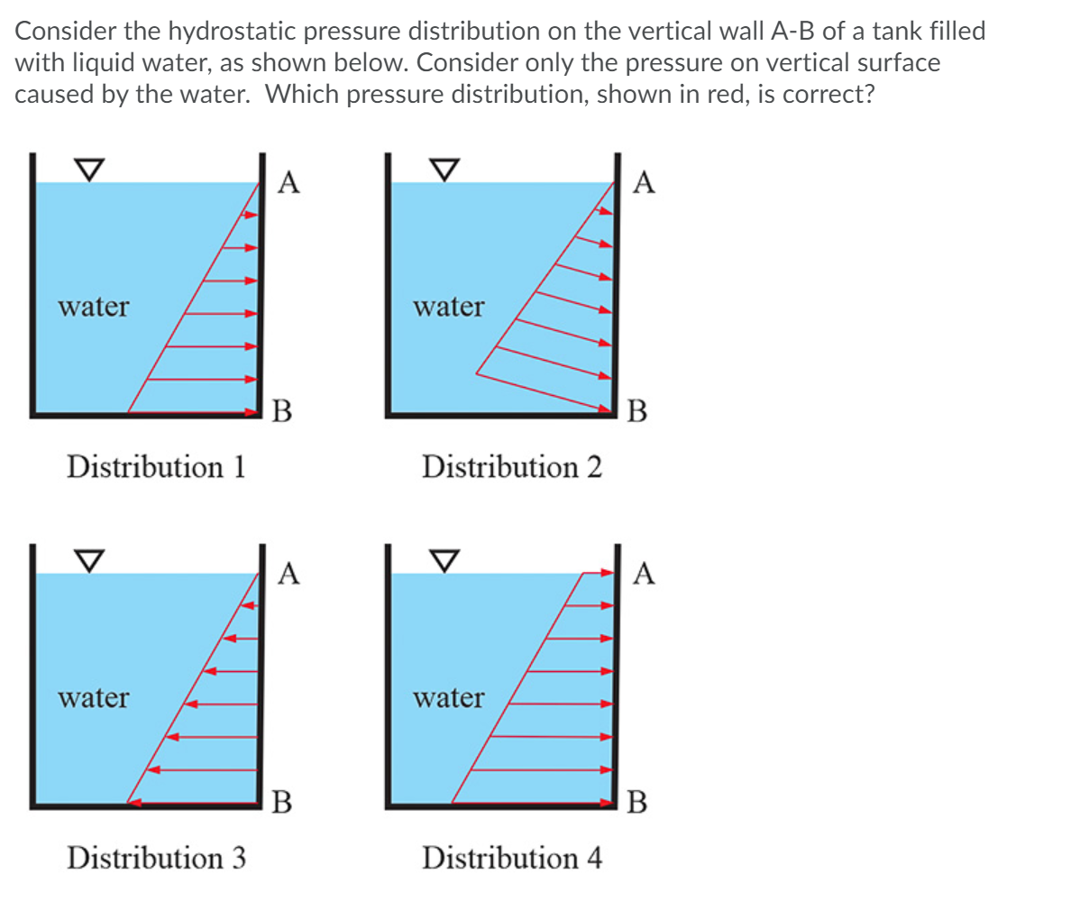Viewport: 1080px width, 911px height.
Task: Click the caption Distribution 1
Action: click(156, 467)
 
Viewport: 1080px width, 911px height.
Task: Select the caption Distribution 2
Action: click(511, 467)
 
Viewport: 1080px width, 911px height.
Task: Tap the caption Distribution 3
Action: click(156, 857)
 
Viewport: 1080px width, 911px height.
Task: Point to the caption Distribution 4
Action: click(511, 857)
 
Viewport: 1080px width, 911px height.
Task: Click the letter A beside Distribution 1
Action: click(288, 183)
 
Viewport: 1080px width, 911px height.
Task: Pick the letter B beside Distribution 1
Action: click(281, 411)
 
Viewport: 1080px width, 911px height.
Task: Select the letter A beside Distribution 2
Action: click(644, 183)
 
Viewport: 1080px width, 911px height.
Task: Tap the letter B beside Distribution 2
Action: click(636, 411)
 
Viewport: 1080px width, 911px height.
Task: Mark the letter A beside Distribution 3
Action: click(288, 574)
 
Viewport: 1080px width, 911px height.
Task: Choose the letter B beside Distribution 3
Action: click(281, 801)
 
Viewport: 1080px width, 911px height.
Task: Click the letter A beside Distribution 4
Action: click(644, 574)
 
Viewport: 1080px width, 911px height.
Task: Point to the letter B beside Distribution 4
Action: click(636, 801)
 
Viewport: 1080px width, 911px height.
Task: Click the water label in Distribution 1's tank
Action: click(93, 308)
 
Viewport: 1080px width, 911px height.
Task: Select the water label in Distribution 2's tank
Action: click(448, 308)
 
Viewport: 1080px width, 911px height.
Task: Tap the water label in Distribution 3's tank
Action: click(93, 698)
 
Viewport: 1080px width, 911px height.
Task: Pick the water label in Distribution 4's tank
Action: click(448, 698)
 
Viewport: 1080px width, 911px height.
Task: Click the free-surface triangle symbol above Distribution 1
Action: click(87, 169)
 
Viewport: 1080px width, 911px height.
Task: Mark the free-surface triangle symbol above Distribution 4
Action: click(443, 559)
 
